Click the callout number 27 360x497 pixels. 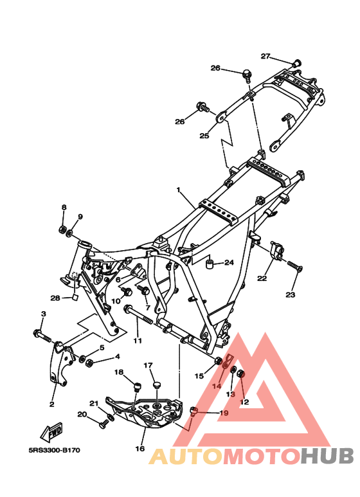tap(265, 56)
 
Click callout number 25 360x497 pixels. tap(204, 136)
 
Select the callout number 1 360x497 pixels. tap(179, 190)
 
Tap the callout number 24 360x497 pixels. tap(228, 262)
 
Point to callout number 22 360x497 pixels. tap(262, 278)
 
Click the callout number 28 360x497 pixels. tap(55, 298)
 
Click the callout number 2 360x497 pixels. tap(52, 404)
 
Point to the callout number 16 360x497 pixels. tap(139, 449)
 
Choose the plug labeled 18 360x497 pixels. tap(136, 388)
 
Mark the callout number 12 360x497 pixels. tap(244, 402)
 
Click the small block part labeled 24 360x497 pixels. tap(210, 263)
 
